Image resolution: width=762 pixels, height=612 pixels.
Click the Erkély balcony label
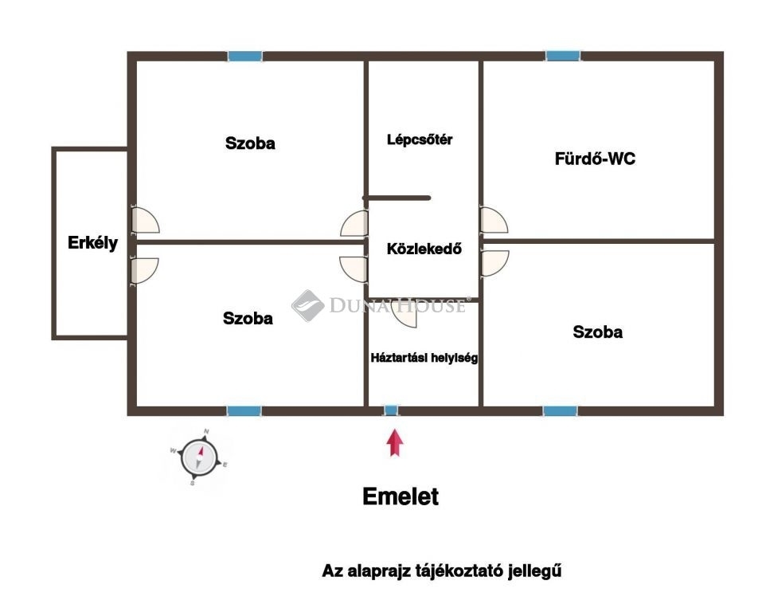[x=92, y=243]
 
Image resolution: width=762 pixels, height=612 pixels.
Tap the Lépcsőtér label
[x=420, y=139]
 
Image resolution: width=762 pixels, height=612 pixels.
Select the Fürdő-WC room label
[x=595, y=159]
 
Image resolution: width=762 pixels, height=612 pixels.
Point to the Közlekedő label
[x=424, y=249]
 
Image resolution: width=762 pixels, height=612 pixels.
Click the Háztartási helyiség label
[x=424, y=358]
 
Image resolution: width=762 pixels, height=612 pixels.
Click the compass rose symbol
[x=199, y=457]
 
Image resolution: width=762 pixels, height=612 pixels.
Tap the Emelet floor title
[x=401, y=496]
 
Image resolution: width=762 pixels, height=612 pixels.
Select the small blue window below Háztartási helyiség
[x=391, y=410]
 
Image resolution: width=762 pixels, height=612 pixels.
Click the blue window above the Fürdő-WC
[x=563, y=56]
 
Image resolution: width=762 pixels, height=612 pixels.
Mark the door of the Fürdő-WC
[x=494, y=221]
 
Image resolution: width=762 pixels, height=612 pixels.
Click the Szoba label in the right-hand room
[x=597, y=331]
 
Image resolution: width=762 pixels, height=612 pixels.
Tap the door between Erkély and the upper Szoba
[x=145, y=221]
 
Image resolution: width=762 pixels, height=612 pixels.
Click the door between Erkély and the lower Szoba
[x=144, y=270]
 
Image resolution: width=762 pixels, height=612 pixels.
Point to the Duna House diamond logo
[x=307, y=305]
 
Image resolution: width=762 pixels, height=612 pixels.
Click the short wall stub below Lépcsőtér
[x=397, y=198]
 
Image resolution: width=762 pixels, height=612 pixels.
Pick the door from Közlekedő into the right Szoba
[x=494, y=264]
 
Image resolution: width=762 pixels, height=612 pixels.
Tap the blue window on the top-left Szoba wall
[x=245, y=56]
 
